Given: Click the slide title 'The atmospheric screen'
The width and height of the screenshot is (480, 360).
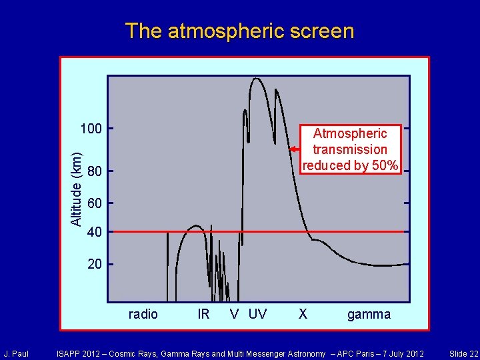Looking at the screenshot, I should pos(239,31).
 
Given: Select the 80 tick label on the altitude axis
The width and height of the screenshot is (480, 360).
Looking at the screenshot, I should pos(95,172).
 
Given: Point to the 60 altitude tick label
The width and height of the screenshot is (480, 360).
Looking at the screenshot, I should pos(95,203).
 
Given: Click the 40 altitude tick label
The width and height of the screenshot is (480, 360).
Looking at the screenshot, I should pos(95,232).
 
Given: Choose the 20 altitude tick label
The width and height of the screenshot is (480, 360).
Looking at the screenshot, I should pos(95,264).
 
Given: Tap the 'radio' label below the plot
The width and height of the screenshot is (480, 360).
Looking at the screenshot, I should pos(143,314).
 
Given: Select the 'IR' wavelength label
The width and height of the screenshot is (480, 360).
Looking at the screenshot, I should pos(204,314).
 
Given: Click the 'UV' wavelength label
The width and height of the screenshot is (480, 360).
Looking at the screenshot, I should pos(257,314).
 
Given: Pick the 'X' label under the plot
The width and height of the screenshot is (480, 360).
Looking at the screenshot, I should pos(303,314).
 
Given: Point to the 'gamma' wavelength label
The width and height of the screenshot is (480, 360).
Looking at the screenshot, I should pos(369,314).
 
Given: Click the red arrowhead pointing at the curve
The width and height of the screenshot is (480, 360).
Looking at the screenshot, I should pos(293,149).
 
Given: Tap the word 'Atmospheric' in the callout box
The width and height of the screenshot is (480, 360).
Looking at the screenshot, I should pos(350,133).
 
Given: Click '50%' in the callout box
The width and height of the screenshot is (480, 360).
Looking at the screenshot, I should pos(385,165).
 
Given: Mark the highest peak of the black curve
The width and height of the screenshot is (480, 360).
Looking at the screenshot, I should pos(256,79).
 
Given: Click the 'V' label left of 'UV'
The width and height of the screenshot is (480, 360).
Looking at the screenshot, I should pos(235,314).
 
